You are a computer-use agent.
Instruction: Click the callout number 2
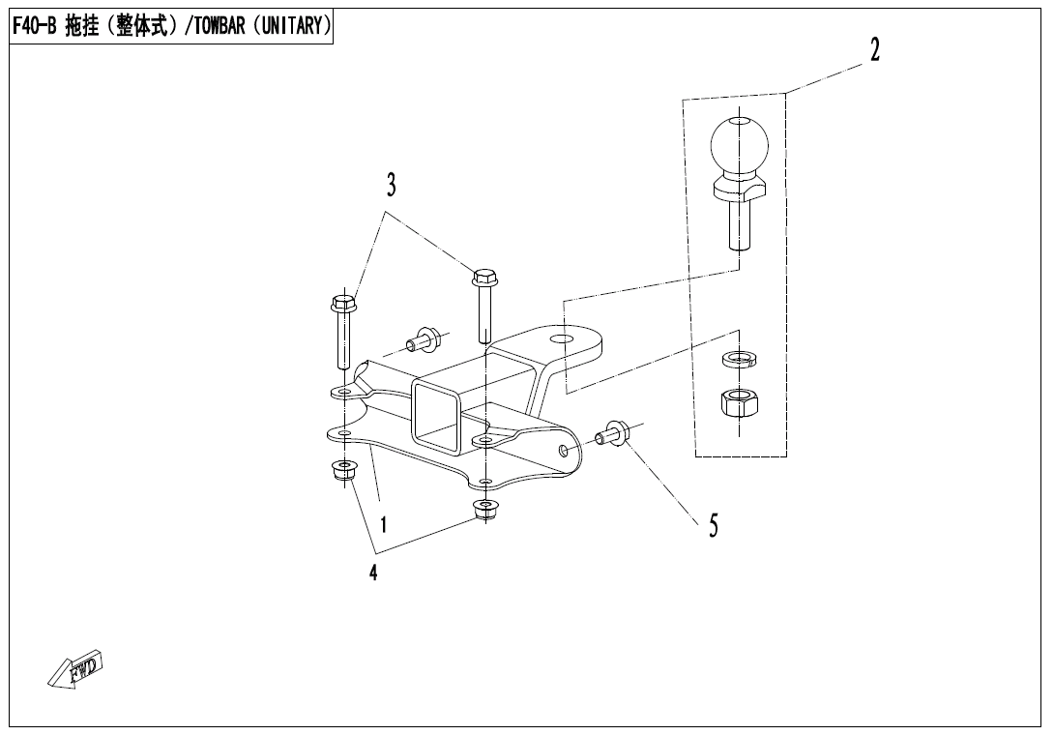click(874, 51)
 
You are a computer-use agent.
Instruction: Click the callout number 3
click(392, 185)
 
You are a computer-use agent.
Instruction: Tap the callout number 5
click(713, 525)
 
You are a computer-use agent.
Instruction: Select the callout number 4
click(372, 573)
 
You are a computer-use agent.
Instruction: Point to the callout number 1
click(384, 524)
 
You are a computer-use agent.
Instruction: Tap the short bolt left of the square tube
click(424, 340)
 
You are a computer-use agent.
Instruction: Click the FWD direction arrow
click(74, 668)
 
